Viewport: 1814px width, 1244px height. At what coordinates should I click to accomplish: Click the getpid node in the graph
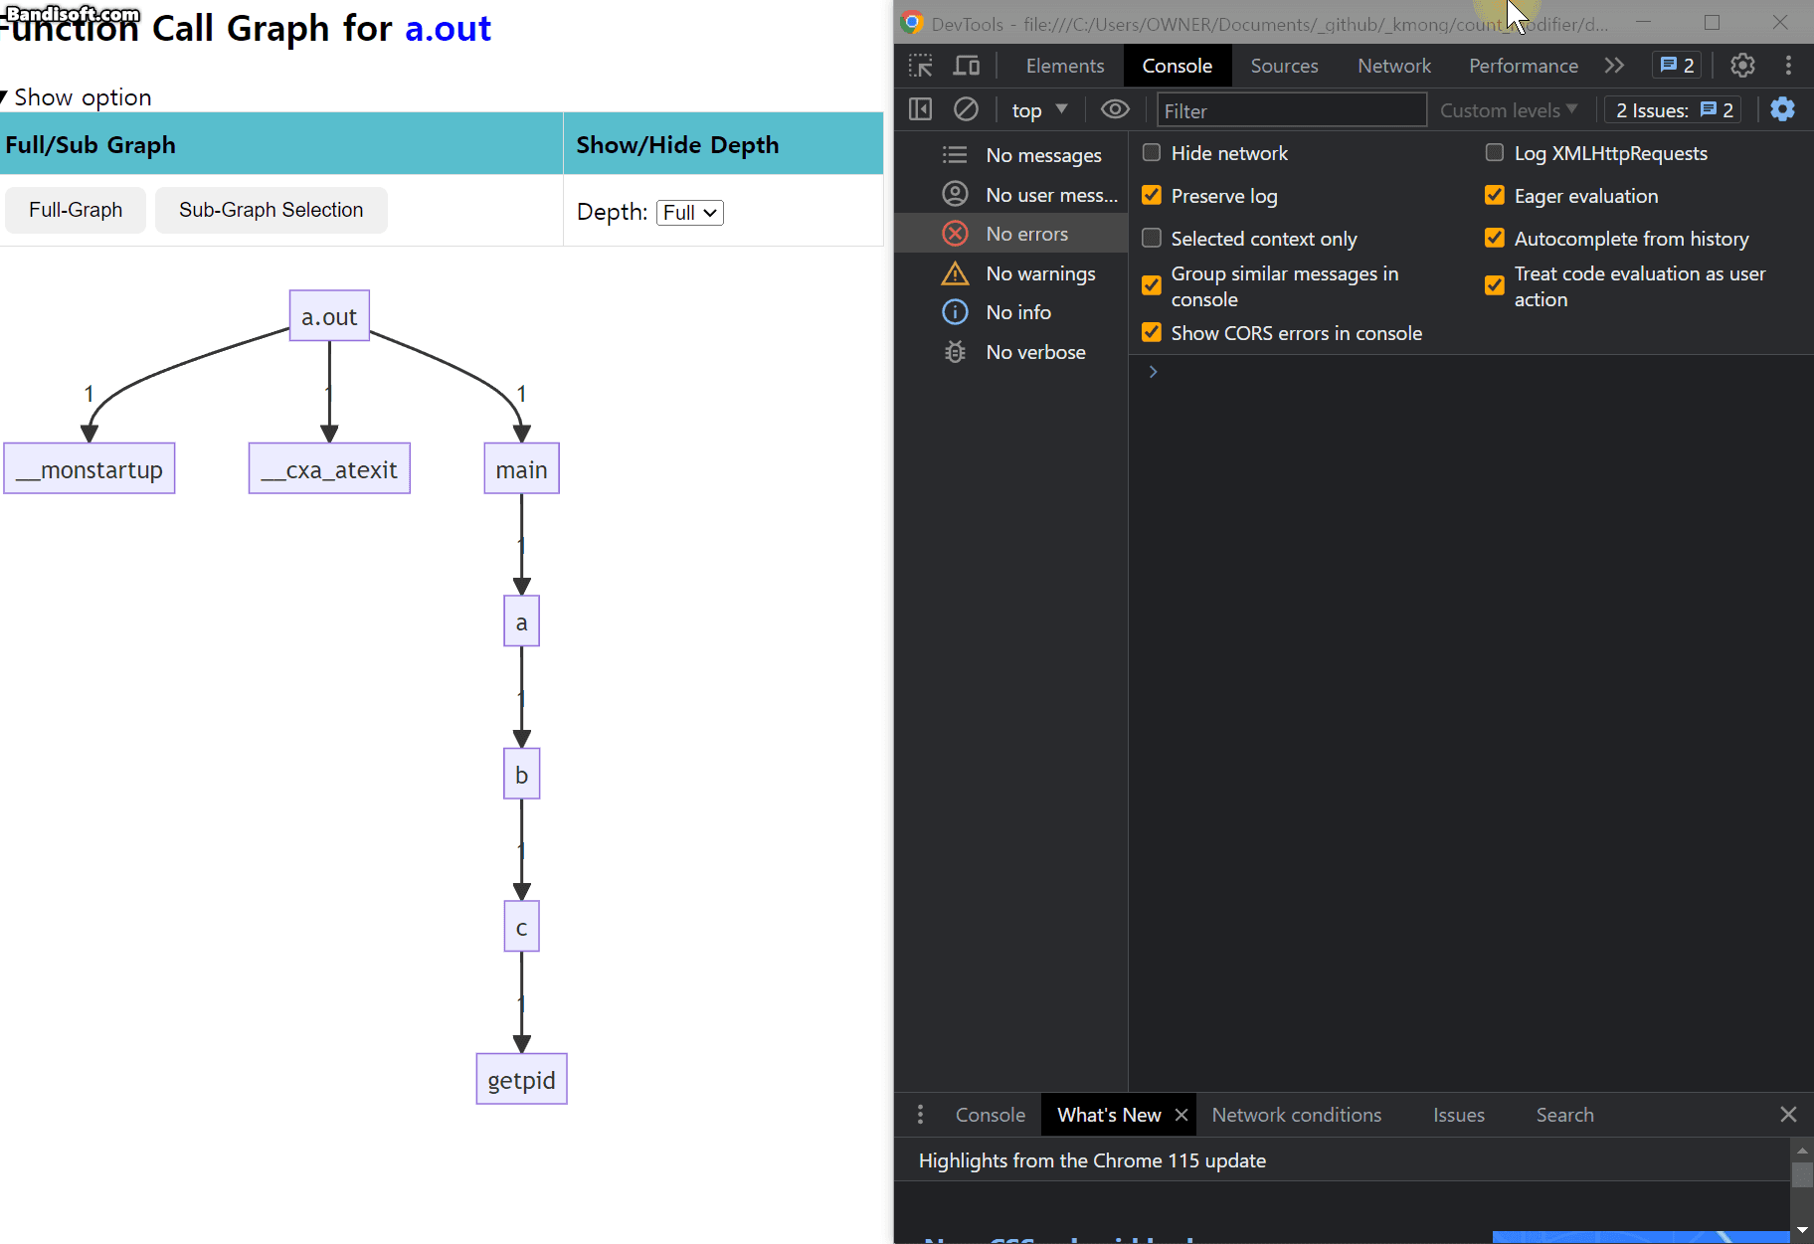521,1079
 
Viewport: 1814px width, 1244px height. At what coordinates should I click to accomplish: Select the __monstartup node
90,468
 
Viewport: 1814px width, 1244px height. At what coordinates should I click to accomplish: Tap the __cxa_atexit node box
329,468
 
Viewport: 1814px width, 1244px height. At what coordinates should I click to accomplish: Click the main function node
521,468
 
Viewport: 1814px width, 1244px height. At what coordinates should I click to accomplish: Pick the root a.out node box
329,316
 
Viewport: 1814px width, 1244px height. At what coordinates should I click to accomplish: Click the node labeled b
521,774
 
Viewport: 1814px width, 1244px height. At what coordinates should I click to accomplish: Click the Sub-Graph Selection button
271,210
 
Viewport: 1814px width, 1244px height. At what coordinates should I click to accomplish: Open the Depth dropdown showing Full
689,213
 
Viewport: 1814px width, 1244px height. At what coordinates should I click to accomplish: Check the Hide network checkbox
1152,153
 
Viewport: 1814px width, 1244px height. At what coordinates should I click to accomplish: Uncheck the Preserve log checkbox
1152,196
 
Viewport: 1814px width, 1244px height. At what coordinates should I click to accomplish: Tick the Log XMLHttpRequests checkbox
1494,153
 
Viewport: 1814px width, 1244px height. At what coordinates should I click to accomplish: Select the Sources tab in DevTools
1283,66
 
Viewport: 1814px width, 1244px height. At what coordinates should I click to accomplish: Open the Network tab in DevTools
1393,66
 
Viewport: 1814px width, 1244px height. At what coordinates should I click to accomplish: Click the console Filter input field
1291,110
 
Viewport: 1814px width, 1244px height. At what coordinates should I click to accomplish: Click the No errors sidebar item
1026,234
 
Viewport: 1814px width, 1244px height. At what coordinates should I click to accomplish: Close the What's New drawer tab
1181,1115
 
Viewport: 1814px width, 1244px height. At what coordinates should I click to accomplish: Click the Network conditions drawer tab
1296,1115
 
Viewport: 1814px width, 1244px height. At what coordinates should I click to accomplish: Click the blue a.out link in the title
448,29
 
